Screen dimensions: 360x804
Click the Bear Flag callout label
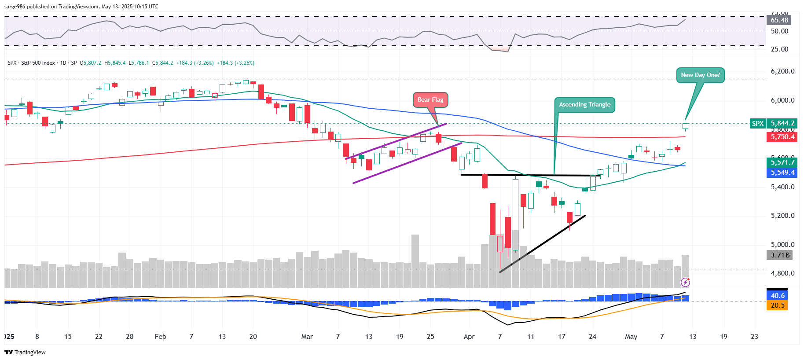(430, 100)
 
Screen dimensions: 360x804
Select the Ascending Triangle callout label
(584, 105)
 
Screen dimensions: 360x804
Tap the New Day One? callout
(700, 75)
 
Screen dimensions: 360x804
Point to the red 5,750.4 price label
(782, 137)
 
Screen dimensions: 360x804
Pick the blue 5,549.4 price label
(782, 173)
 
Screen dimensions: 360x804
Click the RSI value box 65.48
(779, 20)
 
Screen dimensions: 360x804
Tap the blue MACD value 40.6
(777, 296)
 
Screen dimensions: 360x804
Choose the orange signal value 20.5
(777, 305)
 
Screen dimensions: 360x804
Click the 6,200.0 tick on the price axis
(782, 71)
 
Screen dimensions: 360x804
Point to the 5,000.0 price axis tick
(782, 245)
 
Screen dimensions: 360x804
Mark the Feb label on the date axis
(161, 337)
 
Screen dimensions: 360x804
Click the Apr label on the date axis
(469, 337)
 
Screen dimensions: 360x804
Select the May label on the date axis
(631, 337)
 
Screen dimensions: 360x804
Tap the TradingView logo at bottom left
(25, 352)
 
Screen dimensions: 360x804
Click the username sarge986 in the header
(15, 7)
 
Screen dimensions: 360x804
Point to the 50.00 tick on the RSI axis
(779, 31)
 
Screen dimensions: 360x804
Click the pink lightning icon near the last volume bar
(685, 282)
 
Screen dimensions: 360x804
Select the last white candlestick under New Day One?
(685, 126)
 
